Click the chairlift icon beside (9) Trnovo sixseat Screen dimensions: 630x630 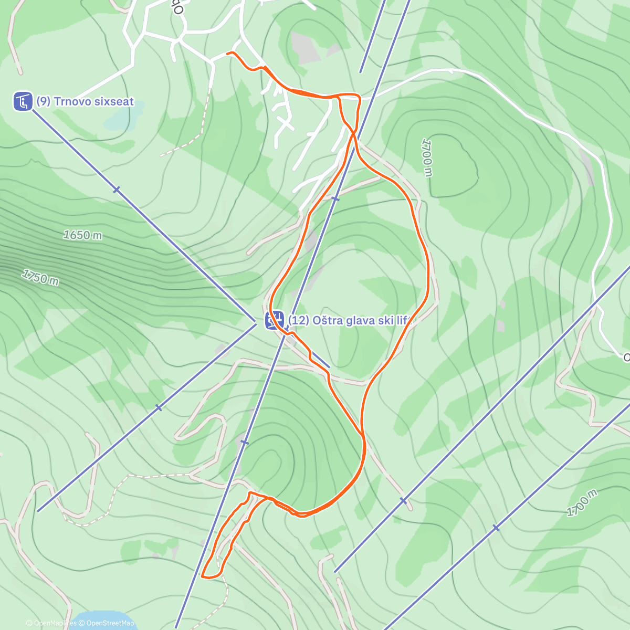(23, 101)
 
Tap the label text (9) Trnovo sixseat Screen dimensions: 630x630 (85, 101)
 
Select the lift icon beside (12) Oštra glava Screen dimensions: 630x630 (274, 320)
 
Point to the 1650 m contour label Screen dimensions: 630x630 (82, 235)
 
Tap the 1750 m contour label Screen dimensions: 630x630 (40, 277)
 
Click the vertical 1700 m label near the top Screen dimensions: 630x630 (427, 158)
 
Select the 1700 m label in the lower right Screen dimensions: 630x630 (582, 503)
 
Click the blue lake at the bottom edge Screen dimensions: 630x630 (100, 619)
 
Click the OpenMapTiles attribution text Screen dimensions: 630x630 (51, 623)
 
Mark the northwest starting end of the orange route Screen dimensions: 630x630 (227, 53)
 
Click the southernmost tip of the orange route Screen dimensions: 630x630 (203, 577)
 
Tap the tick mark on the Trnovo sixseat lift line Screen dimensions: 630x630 (117, 190)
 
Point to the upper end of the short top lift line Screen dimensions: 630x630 (385, 2)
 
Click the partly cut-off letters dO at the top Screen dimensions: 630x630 (179, 7)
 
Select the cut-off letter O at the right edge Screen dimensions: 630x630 (626, 358)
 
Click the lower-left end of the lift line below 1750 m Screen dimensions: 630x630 (38, 511)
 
